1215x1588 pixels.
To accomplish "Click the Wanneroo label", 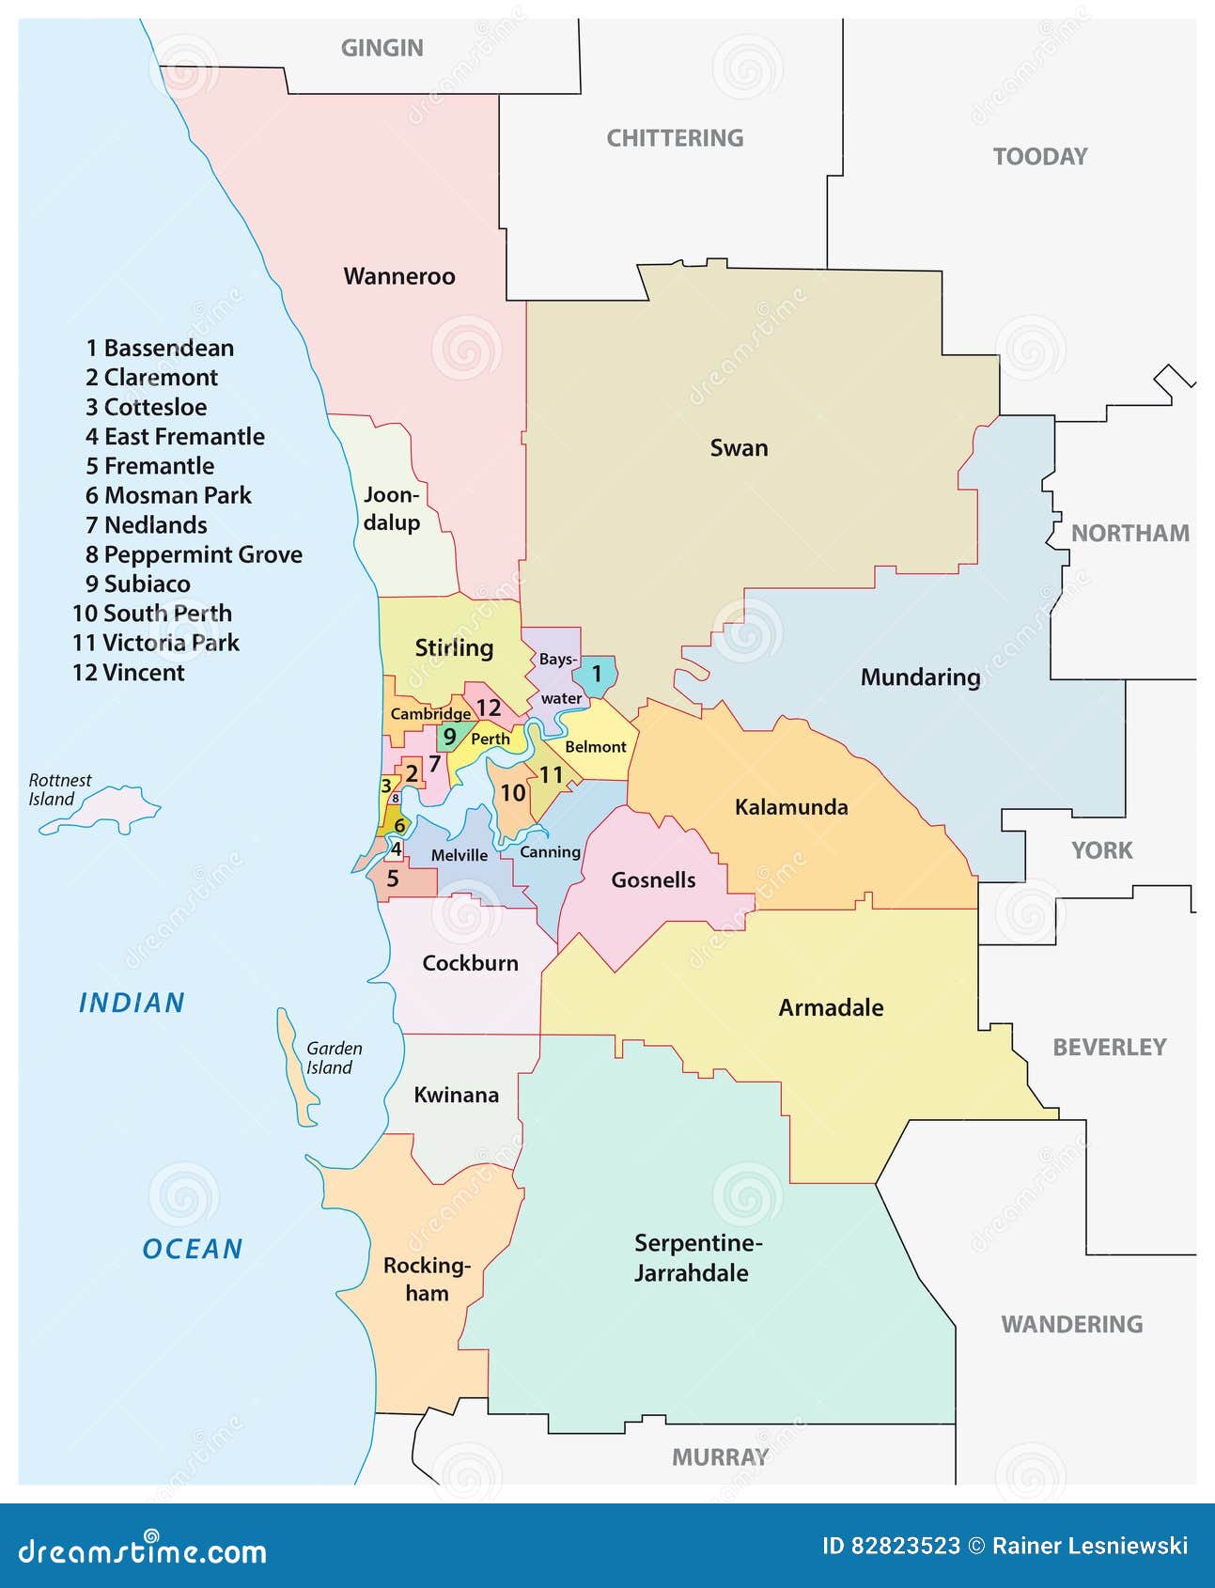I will click(x=399, y=276).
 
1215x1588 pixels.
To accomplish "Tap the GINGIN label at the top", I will click(x=382, y=48).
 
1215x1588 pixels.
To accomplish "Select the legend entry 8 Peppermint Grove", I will click(x=194, y=554).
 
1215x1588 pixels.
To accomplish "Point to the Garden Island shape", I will click(x=295, y=1071).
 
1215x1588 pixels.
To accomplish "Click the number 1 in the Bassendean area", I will click(x=596, y=674).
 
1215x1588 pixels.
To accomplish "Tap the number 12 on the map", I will click(x=488, y=708).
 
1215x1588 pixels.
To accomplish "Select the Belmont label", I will click(x=595, y=747).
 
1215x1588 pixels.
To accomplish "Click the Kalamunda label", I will click(x=791, y=807).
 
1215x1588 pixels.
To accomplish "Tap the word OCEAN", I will click(x=193, y=1249).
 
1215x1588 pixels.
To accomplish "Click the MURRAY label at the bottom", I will click(x=720, y=1457).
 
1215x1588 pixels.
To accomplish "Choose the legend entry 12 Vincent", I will click(x=129, y=673).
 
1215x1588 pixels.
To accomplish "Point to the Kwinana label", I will click(x=456, y=1095).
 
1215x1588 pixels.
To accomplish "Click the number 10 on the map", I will click(x=512, y=793).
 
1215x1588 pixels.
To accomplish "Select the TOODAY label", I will click(x=1040, y=157).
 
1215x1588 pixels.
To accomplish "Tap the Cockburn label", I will click(x=470, y=963).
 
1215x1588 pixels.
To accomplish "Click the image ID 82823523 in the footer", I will click(x=890, y=1546).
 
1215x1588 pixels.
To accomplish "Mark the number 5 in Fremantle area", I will click(x=393, y=879).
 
